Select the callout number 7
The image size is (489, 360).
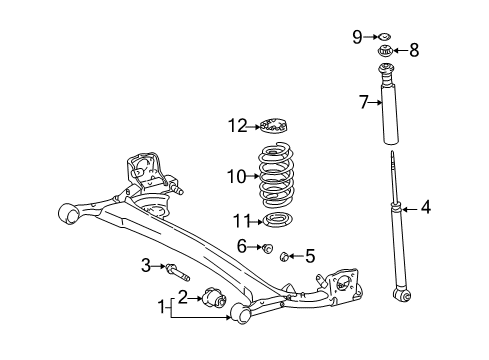click(x=365, y=100)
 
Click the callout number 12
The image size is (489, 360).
click(x=237, y=126)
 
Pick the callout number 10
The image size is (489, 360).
click(x=236, y=177)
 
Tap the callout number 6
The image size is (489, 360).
click(x=243, y=246)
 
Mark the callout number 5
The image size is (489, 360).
click(x=309, y=257)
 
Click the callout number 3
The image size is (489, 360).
click(x=146, y=265)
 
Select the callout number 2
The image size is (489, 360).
click(x=183, y=295)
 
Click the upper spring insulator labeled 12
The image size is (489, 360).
click(x=273, y=126)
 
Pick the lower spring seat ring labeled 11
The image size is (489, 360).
click(x=275, y=220)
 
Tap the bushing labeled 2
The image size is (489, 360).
click(x=213, y=296)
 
